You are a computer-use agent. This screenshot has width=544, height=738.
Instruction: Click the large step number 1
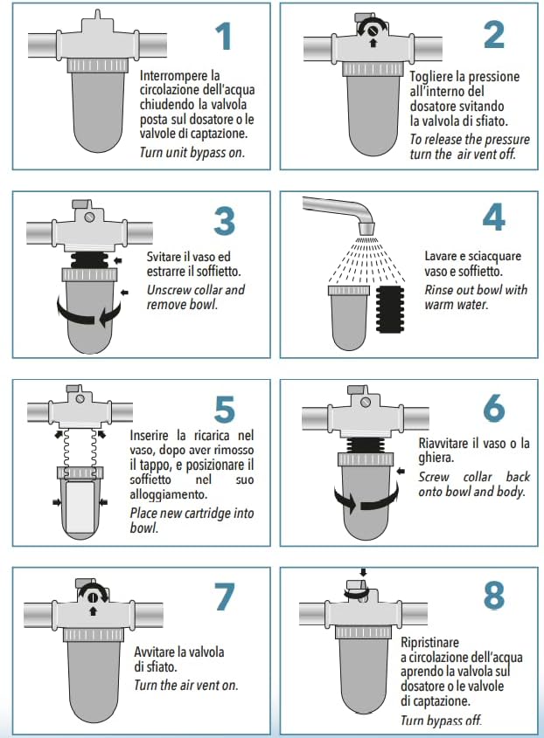coord(224,37)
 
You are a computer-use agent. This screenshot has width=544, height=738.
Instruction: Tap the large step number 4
coord(493,217)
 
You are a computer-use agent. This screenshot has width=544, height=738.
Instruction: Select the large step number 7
coord(225,597)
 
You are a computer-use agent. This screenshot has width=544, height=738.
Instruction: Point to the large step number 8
coord(493,595)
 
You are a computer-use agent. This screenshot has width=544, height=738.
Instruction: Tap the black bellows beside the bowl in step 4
coord(390,308)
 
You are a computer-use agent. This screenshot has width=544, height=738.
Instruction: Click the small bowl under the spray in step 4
coord(343,318)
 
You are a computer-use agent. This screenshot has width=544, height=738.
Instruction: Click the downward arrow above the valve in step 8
coord(362,573)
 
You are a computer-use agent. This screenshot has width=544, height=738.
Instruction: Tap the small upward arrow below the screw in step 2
coord(373,43)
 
